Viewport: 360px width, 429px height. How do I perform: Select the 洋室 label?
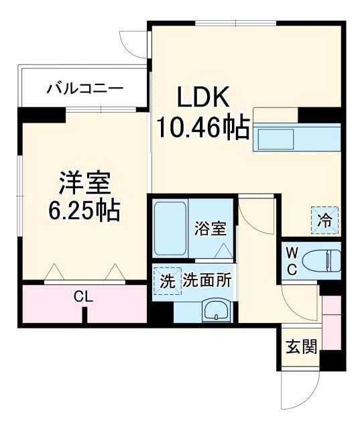[x=84, y=182]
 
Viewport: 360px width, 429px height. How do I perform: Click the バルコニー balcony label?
[x=84, y=88]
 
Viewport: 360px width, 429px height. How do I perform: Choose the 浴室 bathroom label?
[x=210, y=229]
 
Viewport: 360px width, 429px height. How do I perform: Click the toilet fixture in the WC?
[x=321, y=259]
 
